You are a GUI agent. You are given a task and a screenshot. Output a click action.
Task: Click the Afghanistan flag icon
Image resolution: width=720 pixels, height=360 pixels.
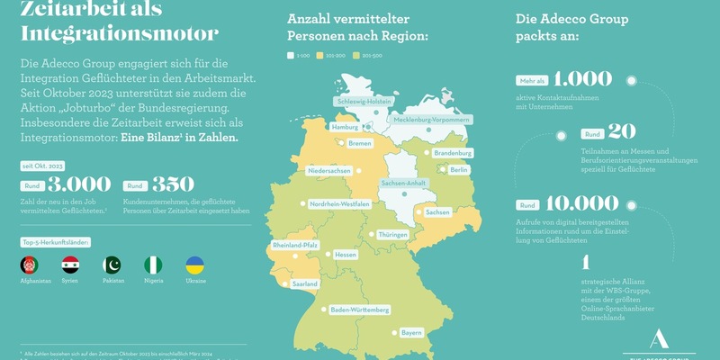[29, 265]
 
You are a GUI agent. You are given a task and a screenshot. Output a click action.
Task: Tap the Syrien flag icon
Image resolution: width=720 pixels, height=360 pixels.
[70, 265]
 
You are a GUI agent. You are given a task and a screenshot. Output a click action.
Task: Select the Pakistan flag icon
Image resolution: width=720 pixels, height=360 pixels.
[112, 265]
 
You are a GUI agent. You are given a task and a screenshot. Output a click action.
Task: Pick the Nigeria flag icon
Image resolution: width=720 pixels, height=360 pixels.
[153, 265]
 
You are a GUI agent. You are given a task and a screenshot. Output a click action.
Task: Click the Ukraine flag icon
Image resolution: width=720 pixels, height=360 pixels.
[194, 265]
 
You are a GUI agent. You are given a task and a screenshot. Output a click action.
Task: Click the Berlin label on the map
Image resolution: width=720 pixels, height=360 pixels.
[459, 170]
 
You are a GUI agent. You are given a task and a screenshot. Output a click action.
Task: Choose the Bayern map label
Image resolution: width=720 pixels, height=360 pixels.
[411, 332]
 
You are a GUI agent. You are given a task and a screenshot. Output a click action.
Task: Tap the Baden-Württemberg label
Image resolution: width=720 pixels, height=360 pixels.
[360, 310]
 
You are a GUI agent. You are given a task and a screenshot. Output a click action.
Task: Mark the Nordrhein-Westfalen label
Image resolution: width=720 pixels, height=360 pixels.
[339, 204]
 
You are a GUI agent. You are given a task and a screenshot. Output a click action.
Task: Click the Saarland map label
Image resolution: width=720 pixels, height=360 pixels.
[305, 283]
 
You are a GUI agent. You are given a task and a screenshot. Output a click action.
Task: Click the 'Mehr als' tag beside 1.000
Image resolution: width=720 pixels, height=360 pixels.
[531, 80]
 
